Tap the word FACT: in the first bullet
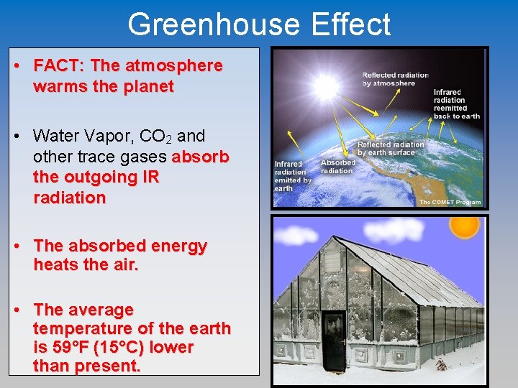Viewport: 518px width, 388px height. [x=60, y=66]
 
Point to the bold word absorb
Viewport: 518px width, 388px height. [x=201, y=157]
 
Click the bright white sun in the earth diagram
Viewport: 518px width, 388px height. [x=325, y=87]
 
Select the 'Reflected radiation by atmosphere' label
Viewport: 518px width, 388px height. [x=395, y=78]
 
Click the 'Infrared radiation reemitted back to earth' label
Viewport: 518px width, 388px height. [x=456, y=103]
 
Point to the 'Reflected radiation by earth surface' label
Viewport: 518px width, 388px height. [x=391, y=148]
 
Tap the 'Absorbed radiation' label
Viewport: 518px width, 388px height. [x=337, y=166]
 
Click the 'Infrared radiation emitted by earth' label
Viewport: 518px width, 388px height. [x=292, y=176]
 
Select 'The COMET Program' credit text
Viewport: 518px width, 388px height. [x=449, y=202]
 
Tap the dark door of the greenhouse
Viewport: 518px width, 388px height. [x=334, y=336]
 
